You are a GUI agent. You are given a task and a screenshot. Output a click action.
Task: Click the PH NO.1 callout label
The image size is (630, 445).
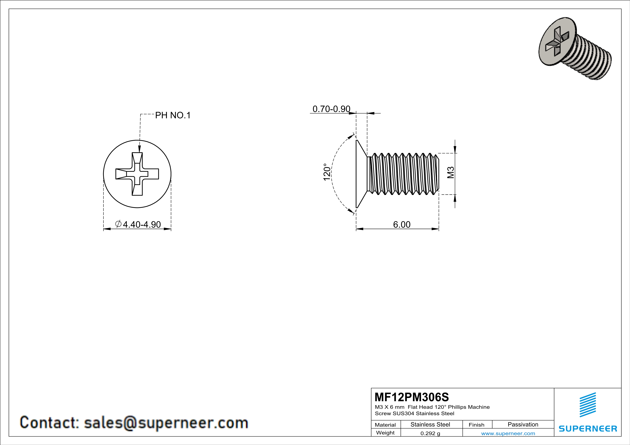point(173,115)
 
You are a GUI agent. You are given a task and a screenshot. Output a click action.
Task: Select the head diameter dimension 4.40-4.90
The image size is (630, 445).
point(142,224)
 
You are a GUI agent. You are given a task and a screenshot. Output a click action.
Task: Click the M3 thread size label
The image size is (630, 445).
point(451,173)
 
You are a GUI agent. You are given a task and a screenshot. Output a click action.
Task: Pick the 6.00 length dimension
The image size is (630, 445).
point(402,224)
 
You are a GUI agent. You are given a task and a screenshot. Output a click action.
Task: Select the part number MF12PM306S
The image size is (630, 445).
point(412,397)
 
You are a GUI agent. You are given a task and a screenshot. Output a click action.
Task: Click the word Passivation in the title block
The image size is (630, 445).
point(523,424)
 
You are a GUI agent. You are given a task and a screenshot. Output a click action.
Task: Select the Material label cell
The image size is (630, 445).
point(385,425)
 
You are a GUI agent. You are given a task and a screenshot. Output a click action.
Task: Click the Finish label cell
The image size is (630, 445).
point(476,425)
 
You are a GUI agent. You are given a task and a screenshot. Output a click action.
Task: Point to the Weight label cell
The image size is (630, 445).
point(385,433)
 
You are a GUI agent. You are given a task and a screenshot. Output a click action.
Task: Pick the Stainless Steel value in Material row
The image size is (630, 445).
point(430,424)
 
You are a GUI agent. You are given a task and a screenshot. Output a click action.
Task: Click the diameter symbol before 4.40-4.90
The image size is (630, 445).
point(118,224)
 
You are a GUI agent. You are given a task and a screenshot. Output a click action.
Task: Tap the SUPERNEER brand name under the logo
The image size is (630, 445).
point(588,428)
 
